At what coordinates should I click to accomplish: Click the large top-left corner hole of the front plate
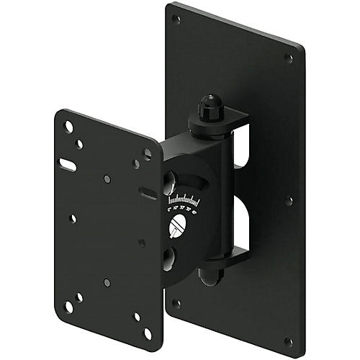coord(68,127)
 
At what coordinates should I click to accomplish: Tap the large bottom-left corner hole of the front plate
coord(69,306)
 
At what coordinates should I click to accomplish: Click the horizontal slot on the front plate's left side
coord(68,166)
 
